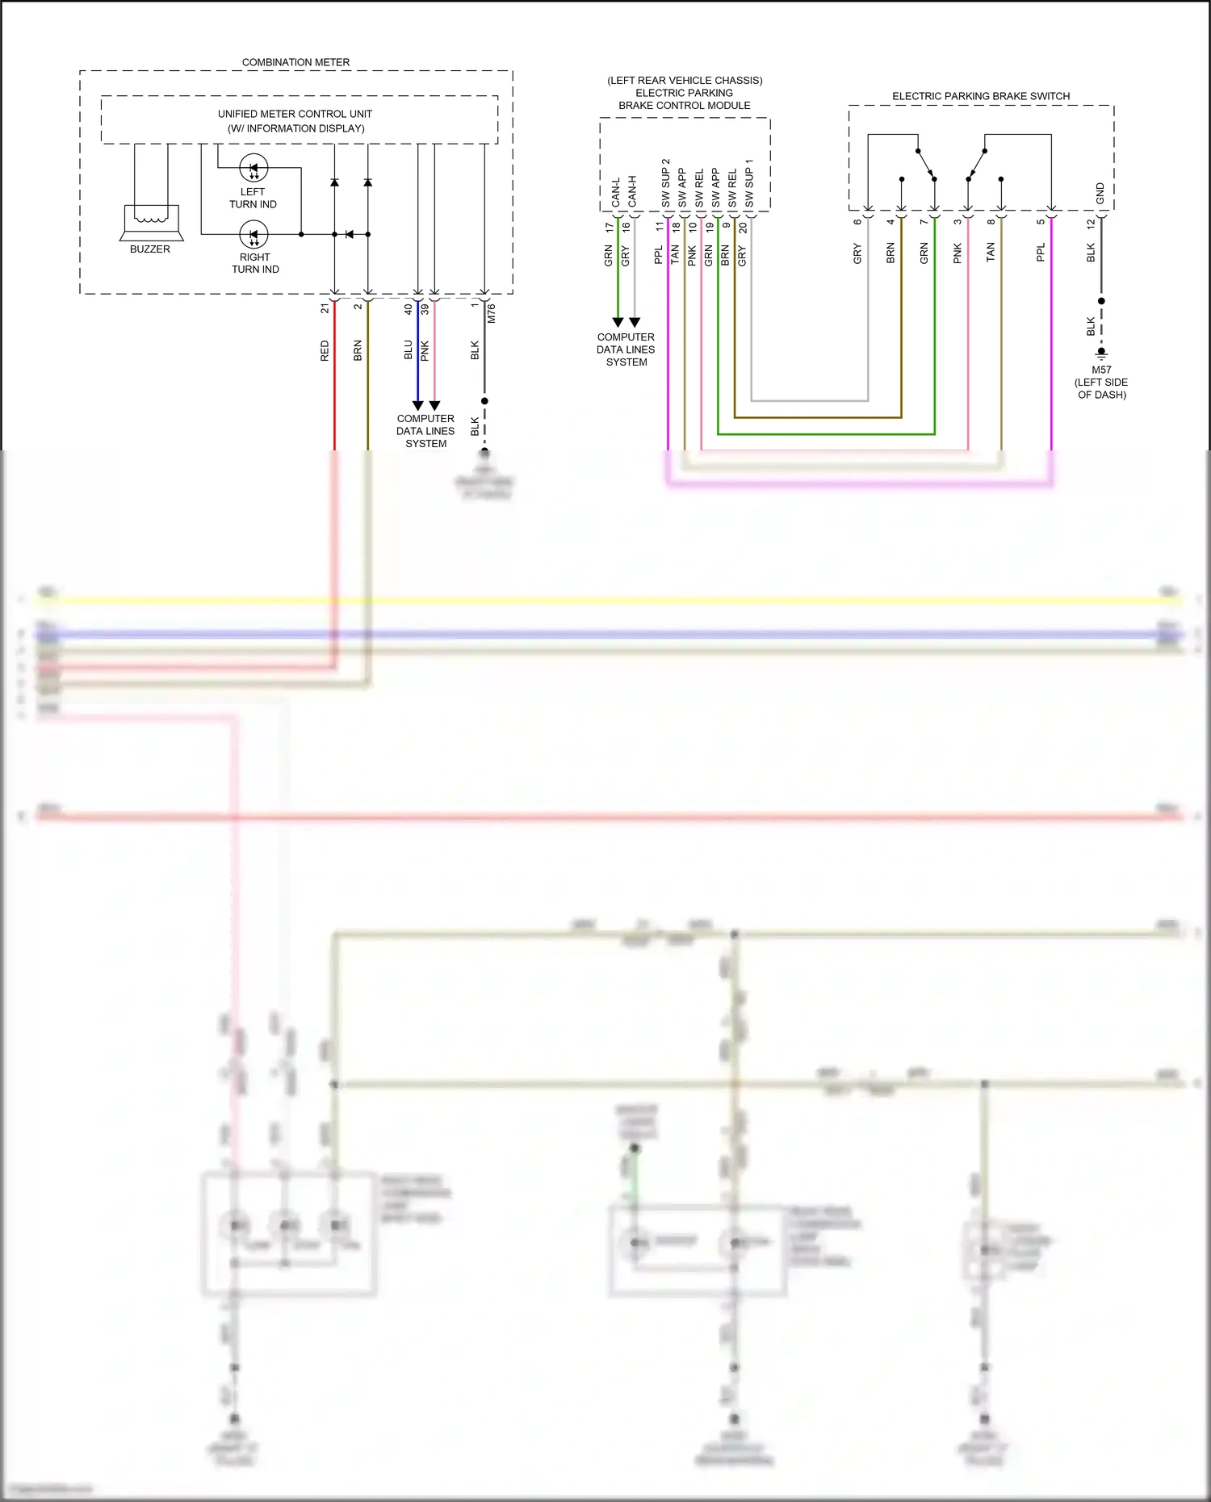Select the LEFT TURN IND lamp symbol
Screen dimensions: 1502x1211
[254, 169]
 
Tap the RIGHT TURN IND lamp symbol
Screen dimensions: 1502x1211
[254, 235]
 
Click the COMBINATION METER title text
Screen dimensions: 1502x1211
[295, 62]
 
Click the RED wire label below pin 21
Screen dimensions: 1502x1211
[325, 350]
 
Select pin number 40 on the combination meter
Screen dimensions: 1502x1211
[409, 308]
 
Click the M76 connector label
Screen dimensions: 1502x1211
[491, 314]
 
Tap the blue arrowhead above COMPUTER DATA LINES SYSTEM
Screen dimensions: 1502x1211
[417, 405]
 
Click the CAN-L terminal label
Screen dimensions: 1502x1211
[616, 192]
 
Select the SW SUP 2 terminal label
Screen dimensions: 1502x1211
[666, 183]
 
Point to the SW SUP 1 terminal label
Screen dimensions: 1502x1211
[749, 183]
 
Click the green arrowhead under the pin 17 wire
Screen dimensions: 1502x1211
[618, 322]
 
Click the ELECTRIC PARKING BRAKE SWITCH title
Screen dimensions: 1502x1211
[981, 96]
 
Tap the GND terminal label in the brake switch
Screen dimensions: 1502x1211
[1100, 193]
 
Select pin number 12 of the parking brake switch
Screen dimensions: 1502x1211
[1091, 223]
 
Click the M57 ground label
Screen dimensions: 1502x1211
[1101, 370]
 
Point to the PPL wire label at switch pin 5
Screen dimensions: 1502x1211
[1041, 253]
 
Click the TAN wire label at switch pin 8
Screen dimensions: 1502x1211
[991, 253]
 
